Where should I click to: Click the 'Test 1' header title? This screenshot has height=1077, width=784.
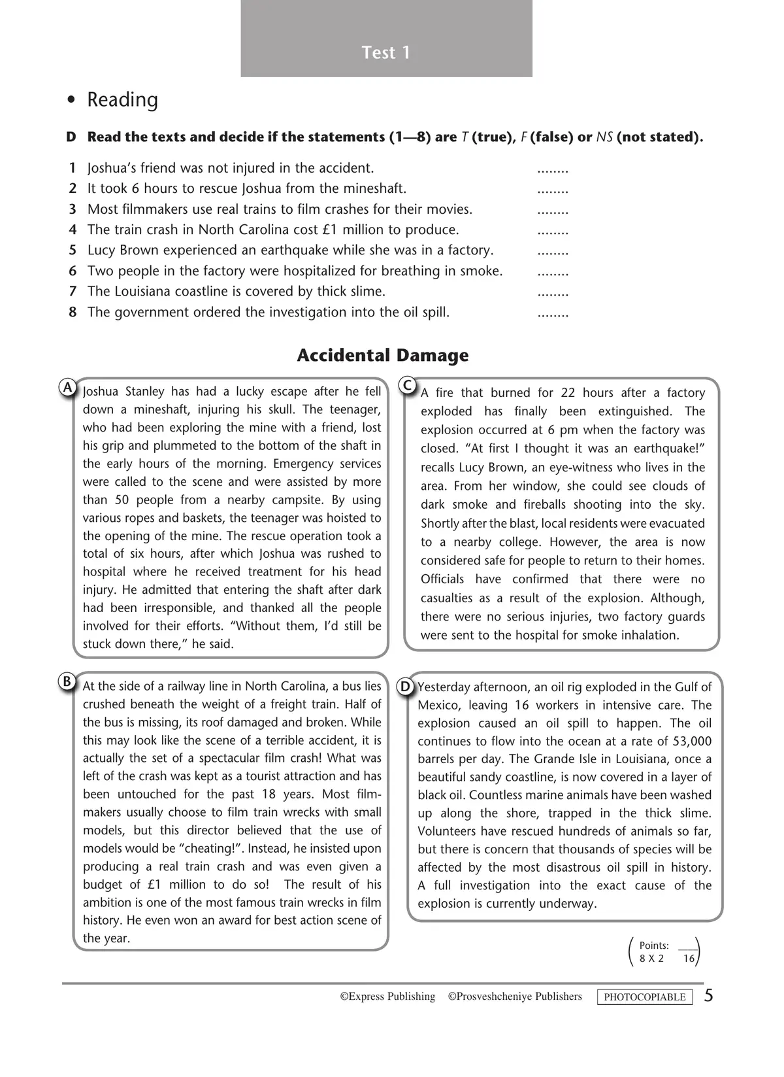point(386,52)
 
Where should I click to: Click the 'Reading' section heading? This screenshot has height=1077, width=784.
point(122,100)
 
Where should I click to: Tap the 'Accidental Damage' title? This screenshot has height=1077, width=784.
point(383,356)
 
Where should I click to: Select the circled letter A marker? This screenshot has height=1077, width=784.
point(67,387)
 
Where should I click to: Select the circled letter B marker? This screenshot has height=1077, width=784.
point(67,682)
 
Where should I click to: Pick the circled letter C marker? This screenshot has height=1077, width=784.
point(407,385)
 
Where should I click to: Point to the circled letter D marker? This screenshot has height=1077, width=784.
point(405,687)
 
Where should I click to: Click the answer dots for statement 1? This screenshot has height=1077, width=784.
point(553,170)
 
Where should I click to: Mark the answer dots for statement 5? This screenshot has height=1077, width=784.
point(553,252)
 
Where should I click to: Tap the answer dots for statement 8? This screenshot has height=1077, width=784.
point(553,315)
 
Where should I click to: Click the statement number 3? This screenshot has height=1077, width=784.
point(73,209)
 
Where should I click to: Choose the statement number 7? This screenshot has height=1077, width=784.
point(73,292)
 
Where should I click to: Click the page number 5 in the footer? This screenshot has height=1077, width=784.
point(709,996)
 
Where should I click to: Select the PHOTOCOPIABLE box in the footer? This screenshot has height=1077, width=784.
point(645,997)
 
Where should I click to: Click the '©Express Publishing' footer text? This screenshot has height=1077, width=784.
point(387,997)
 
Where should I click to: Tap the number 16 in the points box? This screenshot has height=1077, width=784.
point(689,959)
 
